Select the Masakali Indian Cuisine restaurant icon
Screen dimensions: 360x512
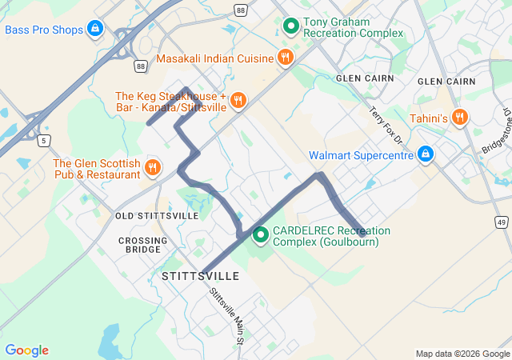[x=285, y=57]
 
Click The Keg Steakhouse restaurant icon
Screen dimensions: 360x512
[x=238, y=100]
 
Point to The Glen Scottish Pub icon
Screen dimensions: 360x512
[x=152, y=167]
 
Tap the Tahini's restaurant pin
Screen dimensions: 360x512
[x=459, y=117]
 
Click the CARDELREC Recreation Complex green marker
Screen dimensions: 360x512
[x=261, y=235]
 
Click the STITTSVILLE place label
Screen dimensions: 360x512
[x=200, y=276]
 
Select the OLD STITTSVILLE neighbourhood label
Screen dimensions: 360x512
[x=157, y=216]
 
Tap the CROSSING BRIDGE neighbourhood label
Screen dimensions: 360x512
[x=143, y=246]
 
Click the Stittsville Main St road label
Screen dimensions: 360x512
[x=226, y=317]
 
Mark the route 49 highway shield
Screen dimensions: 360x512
[x=501, y=221]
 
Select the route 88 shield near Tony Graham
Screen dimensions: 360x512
[x=241, y=9]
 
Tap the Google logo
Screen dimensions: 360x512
[x=26, y=350]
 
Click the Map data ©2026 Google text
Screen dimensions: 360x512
[x=462, y=354]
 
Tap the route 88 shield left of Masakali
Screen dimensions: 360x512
[x=141, y=66]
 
